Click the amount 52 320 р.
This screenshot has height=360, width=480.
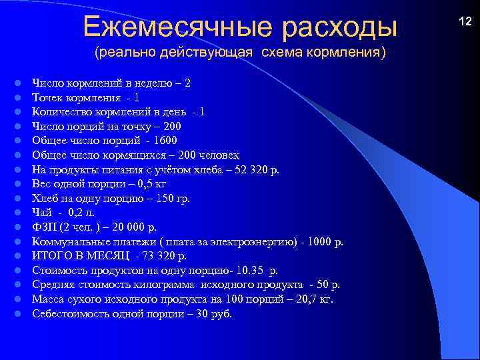252,169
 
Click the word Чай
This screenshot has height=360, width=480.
41,213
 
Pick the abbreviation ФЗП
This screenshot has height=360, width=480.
44,227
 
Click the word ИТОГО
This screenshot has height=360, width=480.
51,255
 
